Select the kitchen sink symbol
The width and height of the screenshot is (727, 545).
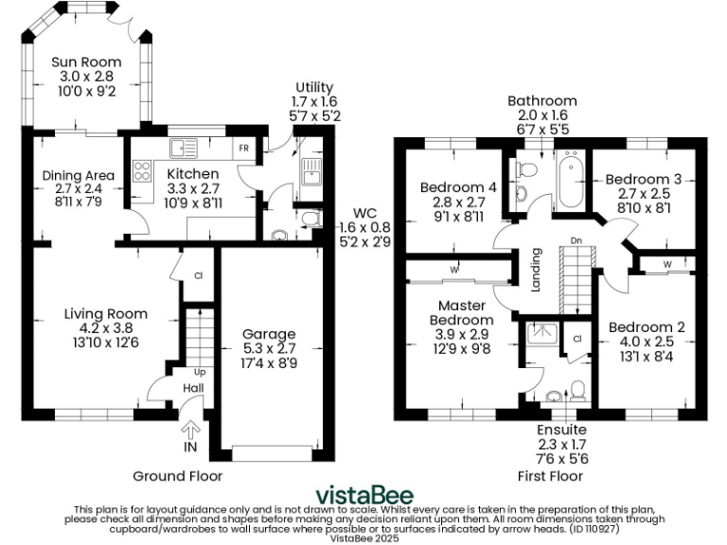[x=182, y=148]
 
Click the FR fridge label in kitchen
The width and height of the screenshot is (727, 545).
[x=243, y=149]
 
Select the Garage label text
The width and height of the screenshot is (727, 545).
[x=269, y=334]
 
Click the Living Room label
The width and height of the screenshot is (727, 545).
[x=105, y=314]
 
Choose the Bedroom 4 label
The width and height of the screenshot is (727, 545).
[x=458, y=187]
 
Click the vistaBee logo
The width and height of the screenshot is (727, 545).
[x=363, y=494]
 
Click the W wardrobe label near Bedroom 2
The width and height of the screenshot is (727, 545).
[x=667, y=261]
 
